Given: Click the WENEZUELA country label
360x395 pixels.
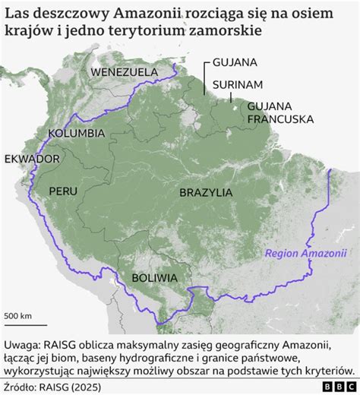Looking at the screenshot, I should pyautogui.click(x=125, y=72).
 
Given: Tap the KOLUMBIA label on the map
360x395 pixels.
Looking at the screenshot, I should pyautogui.click(x=76, y=133).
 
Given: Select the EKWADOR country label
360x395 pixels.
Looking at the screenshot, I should pyautogui.click(x=32, y=159).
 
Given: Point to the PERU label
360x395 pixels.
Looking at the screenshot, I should pyautogui.click(x=64, y=191).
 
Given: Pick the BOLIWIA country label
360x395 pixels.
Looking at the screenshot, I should pyautogui.click(x=154, y=277).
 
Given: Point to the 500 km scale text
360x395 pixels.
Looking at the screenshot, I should pyautogui.click(x=19, y=315).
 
